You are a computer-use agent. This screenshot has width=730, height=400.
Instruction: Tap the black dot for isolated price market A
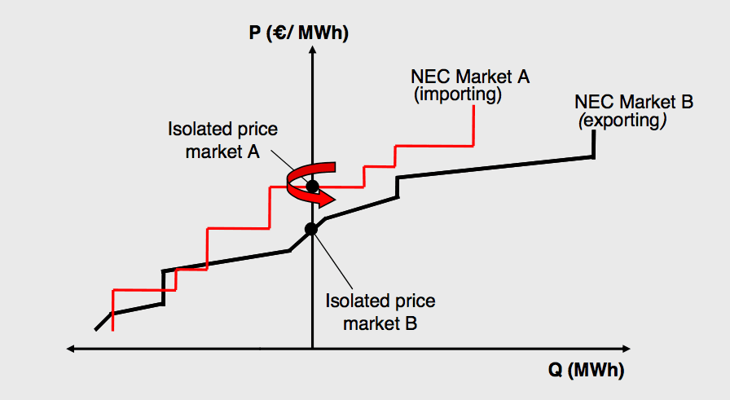[x=312, y=186]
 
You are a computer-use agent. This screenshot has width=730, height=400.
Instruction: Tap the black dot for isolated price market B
[x=311, y=229]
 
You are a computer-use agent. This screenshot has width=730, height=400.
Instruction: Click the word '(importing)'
[x=457, y=95]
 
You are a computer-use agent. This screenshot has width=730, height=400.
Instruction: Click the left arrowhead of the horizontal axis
[x=71, y=349]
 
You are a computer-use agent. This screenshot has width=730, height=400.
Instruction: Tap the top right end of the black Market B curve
[x=594, y=134]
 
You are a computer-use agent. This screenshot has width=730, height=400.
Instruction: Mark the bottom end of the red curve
[x=112, y=330]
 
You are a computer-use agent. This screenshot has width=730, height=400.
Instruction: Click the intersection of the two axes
[x=312, y=349]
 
